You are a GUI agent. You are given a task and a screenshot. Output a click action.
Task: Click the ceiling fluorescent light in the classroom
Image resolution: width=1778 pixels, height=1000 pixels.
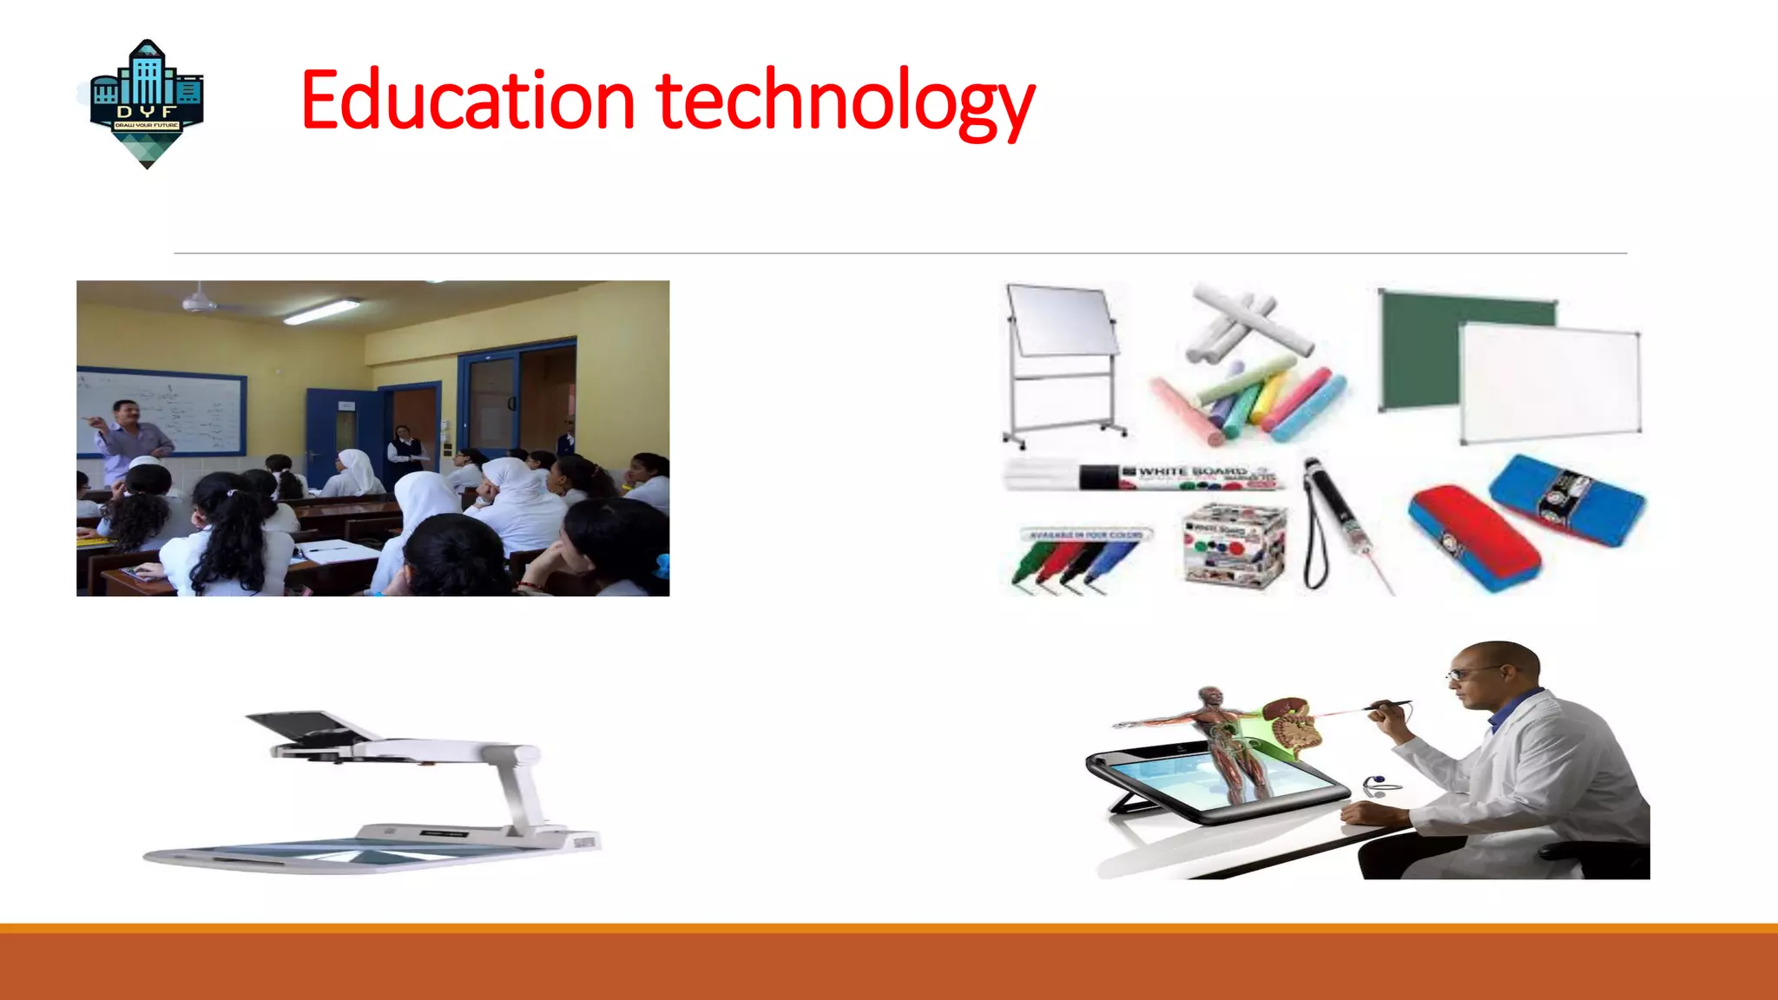click(322, 311)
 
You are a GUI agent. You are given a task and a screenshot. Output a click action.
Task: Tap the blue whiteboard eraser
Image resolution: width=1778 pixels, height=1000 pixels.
click(1567, 499)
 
